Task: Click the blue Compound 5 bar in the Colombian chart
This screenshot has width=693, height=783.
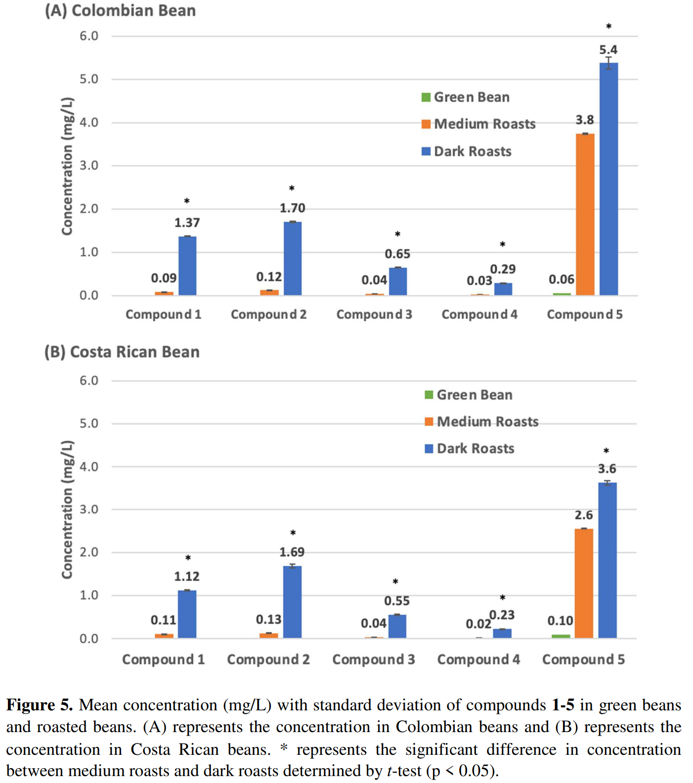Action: pyautogui.click(x=608, y=179)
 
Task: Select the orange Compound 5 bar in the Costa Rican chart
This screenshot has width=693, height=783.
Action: pyautogui.click(x=584, y=583)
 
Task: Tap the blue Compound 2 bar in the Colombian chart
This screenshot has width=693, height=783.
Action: pyautogui.click(x=293, y=259)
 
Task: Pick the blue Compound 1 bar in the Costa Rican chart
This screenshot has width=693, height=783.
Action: pyautogui.click(x=187, y=614)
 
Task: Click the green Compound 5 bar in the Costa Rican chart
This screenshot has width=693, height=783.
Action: pyautogui.click(x=561, y=636)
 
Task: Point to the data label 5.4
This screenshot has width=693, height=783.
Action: pyautogui.click(x=608, y=50)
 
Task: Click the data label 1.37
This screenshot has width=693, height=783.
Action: pyautogui.click(x=187, y=223)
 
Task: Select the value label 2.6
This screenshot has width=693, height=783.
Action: pyautogui.click(x=584, y=515)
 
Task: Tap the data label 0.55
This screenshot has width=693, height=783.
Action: pyautogui.click(x=397, y=601)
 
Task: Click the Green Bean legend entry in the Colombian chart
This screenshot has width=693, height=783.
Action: pyautogui.click(x=466, y=97)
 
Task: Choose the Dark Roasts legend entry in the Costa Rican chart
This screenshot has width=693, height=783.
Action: pyautogui.click(x=470, y=448)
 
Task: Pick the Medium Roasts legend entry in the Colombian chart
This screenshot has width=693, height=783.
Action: pyautogui.click(x=478, y=124)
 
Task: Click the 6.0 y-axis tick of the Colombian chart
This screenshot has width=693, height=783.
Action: pyautogui.click(x=89, y=36)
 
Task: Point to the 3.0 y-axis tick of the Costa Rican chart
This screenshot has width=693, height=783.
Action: pyautogui.click(x=89, y=510)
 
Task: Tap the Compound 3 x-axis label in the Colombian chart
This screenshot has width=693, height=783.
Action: pyautogui.click(x=374, y=314)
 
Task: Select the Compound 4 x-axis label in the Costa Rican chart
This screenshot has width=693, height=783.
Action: pyautogui.click(x=478, y=659)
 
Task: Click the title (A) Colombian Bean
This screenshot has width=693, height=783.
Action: pyautogui.click(x=120, y=10)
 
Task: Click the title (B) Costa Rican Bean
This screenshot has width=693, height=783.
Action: pyautogui.click(x=122, y=352)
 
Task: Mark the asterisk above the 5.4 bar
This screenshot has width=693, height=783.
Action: pyautogui.click(x=609, y=27)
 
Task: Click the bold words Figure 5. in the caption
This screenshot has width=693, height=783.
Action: pyautogui.click(x=40, y=705)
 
